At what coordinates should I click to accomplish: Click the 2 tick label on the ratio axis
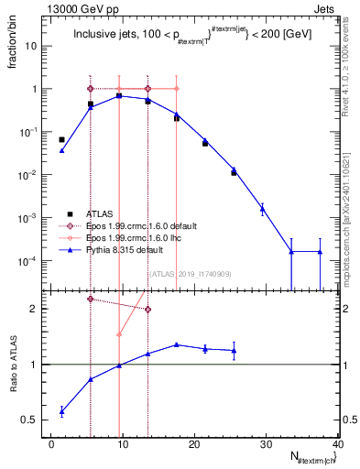pyautogui.click(x=39, y=309)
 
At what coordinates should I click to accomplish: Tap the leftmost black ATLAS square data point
pyautogui.click(x=61, y=139)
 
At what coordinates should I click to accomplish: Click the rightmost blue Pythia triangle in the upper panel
pyautogui.click(x=320, y=252)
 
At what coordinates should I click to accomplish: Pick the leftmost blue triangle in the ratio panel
pyautogui.click(x=61, y=410)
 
